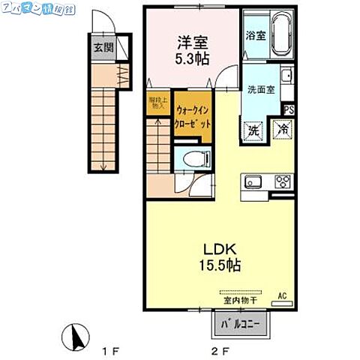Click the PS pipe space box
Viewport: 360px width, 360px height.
[289, 110]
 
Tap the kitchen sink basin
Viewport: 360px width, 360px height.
[253, 182]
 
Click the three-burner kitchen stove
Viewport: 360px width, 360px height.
[282, 182]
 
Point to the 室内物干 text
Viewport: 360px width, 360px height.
[240, 301]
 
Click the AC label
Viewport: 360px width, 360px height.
[283, 294]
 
